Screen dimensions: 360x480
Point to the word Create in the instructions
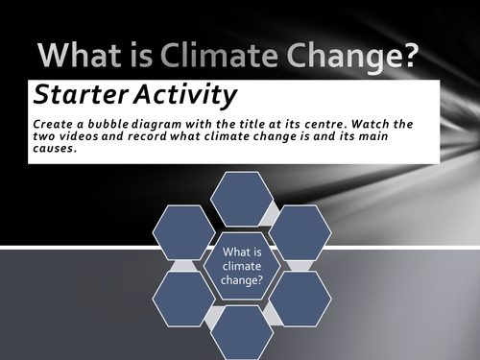(x=53, y=125)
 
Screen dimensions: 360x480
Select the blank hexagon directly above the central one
(x=241, y=198)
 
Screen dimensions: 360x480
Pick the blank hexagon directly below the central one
(x=241, y=332)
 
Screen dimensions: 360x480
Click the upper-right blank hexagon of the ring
(x=300, y=231)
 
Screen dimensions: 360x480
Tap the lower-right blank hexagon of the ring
(x=300, y=298)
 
